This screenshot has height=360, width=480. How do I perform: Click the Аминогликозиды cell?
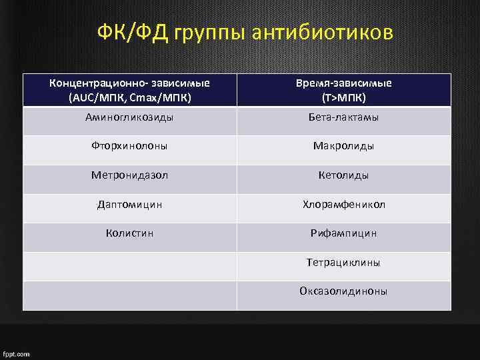pyautogui.click(x=130, y=117)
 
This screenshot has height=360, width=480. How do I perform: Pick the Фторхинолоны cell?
pyautogui.click(x=130, y=146)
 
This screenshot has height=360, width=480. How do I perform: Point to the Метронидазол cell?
pyautogui.click(x=130, y=175)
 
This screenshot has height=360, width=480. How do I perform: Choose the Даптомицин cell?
pyautogui.click(x=130, y=204)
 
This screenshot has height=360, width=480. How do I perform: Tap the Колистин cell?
pyautogui.click(x=130, y=233)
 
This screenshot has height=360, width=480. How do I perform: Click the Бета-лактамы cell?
pyautogui.click(x=343, y=117)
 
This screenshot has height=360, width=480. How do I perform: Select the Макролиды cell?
pyautogui.click(x=343, y=146)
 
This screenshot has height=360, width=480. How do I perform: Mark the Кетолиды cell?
pyautogui.click(x=343, y=175)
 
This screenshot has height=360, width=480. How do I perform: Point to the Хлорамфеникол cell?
pyautogui.click(x=343, y=204)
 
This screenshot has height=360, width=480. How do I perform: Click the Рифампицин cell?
pyautogui.click(x=343, y=233)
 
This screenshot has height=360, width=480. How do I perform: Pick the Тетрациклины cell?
pyautogui.click(x=343, y=263)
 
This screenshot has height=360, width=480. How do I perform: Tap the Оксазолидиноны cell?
pyautogui.click(x=343, y=291)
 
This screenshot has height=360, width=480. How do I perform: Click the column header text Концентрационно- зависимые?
pyautogui.click(x=130, y=83)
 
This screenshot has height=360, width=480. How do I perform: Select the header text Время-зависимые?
pyautogui.click(x=343, y=83)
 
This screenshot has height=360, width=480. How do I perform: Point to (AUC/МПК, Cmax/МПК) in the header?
pyautogui.click(x=130, y=97)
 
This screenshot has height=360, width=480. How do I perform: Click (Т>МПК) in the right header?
pyautogui.click(x=343, y=97)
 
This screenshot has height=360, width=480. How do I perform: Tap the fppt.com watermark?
pyautogui.click(x=17, y=354)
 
